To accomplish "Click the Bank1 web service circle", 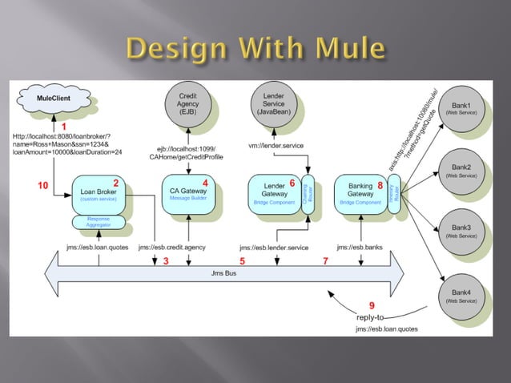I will tap(461, 109).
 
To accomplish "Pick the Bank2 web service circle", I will tap(461, 169).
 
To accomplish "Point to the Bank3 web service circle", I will tap(461, 232).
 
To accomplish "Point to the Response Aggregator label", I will tap(99, 222).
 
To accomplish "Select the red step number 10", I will tap(45, 186).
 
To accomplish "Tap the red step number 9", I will tap(371, 305).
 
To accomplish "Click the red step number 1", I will tap(63, 127).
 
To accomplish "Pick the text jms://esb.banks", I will tap(360, 247).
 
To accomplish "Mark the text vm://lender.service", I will tap(276, 145).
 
